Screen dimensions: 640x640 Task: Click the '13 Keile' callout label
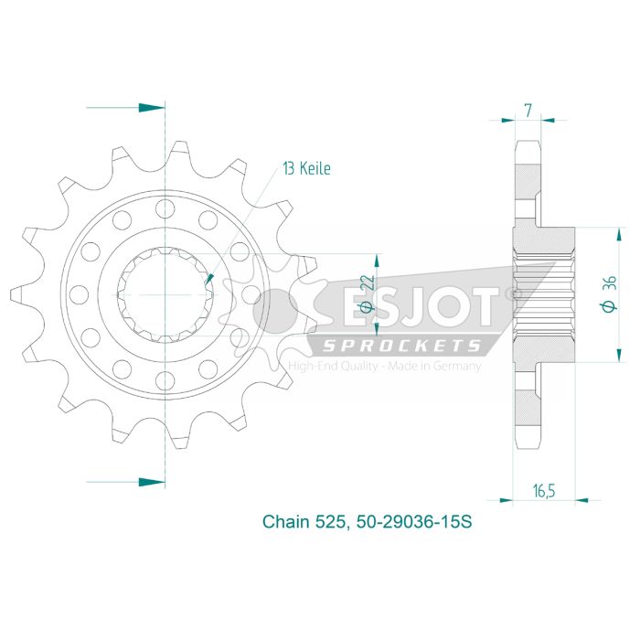pyautogui.click(x=306, y=168)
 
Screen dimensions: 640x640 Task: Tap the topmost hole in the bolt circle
pyautogui.click(x=165, y=207)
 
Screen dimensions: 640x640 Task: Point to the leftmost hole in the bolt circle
pyautogui.click(x=79, y=293)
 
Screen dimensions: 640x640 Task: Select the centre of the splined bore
pyautogui.click(x=165, y=293)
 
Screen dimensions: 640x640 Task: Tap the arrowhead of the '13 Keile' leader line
pyautogui.click(x=210, y=278)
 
